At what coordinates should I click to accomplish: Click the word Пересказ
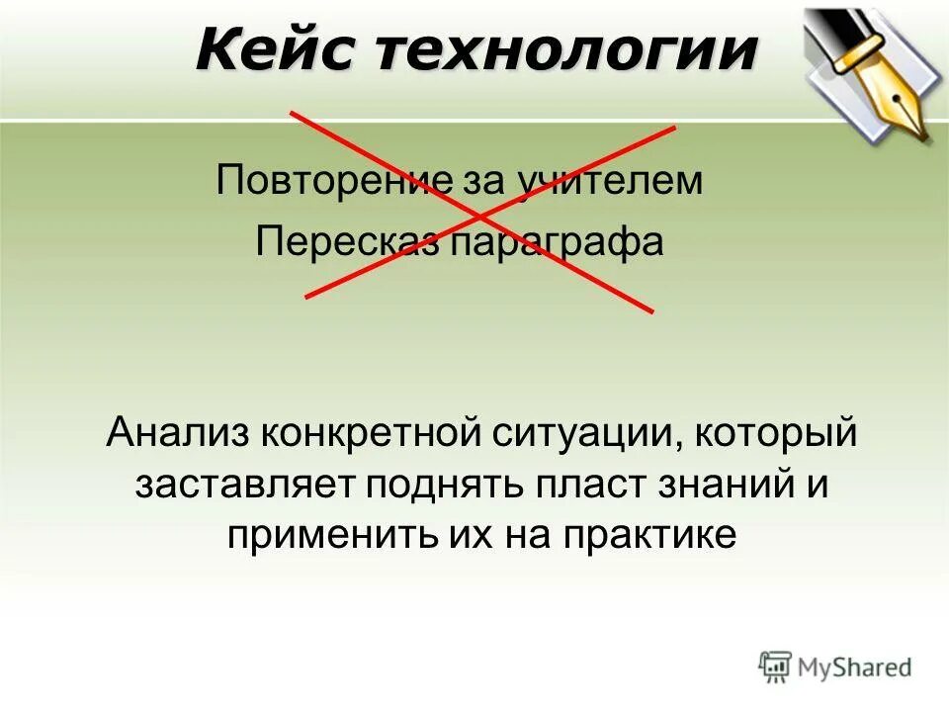[347, 243]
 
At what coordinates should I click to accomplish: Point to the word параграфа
[558, 243]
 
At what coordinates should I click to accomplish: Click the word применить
[316, 535]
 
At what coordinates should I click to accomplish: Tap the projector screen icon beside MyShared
[775, 667]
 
